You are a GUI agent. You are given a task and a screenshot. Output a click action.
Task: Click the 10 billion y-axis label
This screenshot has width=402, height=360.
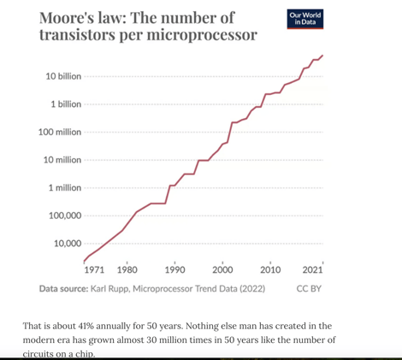(x=63, y=77)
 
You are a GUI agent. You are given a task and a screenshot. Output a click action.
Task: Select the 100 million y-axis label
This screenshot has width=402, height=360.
(x=60, y=133)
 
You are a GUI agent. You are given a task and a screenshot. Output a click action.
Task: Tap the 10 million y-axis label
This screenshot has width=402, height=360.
(x=62, y=160)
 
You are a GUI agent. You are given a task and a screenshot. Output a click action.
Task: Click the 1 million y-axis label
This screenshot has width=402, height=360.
(x=64, y=187)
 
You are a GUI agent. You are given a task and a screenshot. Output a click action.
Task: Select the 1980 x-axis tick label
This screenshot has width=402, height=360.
(x=127, y=269)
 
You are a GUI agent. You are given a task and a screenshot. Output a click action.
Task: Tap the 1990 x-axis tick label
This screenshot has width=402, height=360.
(x=174, y=269)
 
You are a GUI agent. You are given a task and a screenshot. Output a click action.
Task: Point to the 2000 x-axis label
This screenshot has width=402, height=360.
(x=222, y=269)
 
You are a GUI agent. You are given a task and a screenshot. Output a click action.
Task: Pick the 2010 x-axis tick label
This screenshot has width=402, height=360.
(x=270, y=269)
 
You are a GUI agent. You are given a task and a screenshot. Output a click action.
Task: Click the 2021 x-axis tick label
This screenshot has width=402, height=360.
(x=313, y=269)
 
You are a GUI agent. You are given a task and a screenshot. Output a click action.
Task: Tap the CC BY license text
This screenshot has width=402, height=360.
(x=308, y=289)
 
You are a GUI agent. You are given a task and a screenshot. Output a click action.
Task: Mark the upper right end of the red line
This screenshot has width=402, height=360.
(x=322, y=56)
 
